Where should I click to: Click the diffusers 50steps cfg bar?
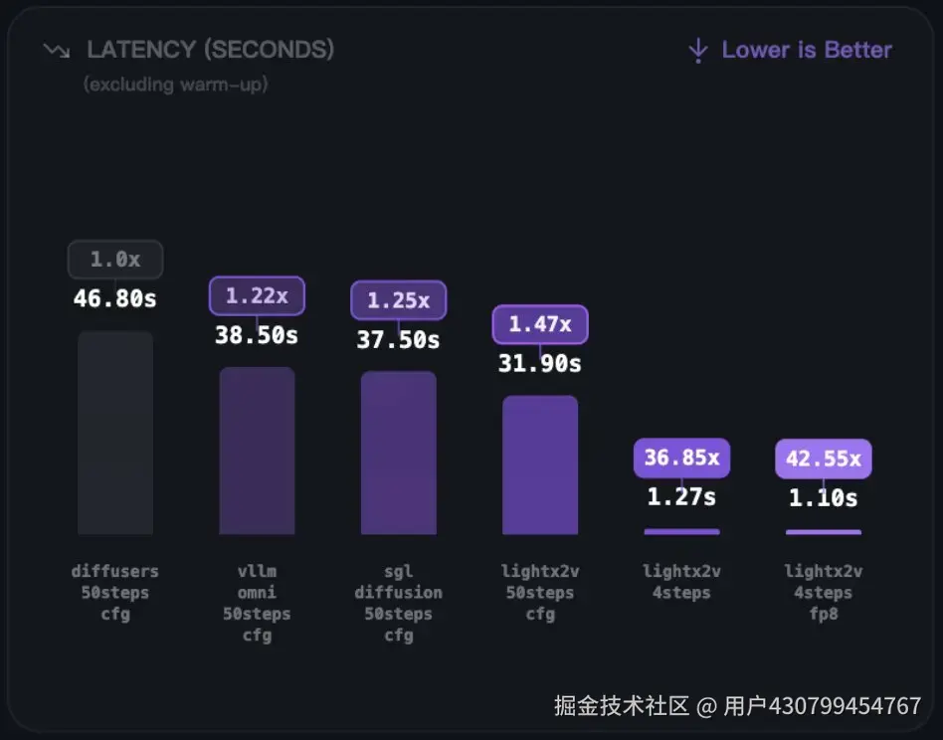(115, 433)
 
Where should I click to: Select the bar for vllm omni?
(257, 451)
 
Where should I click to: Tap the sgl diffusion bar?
(398, 453)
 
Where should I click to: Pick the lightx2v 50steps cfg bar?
(540, 464)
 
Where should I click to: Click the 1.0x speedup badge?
(115, 260)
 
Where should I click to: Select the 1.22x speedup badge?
(257, 295)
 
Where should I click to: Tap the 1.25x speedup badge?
(398, 299)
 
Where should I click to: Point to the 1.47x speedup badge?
(540, 324)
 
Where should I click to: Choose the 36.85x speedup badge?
(681, 459)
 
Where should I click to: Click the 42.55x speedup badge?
(824, 459)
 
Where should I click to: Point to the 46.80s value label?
(115, 298)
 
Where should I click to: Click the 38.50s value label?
(257, 335)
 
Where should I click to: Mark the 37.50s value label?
(398, 340)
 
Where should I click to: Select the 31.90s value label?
(540, 364)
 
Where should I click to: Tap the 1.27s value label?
(681, 496)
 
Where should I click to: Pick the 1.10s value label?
(824, 497)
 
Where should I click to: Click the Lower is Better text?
(807, 50)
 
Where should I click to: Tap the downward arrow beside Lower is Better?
(698, 50)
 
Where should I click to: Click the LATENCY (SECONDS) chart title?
(210, 49)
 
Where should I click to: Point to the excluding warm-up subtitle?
(176, 85)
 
